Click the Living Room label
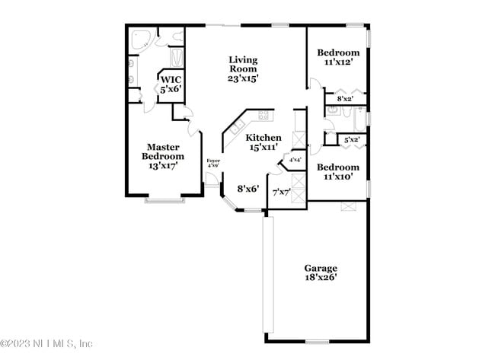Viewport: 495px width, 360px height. (x=244, y=68)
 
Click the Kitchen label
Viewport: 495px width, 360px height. (x=263, y=142)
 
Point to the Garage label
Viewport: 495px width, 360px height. (x=321, y=273)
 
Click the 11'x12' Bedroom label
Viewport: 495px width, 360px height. (x=337, y=58)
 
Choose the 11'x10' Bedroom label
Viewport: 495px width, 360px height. (x=337, y=172)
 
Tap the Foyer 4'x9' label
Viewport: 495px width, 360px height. (x=213, y=163)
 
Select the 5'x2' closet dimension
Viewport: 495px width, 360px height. (x=351, y=140)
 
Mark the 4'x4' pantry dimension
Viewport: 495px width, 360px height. (x=293, y=161)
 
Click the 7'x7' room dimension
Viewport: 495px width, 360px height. (x=281, y=192)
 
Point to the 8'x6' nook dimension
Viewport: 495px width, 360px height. (x=248, y=188)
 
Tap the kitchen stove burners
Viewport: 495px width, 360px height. (x=263, y=116)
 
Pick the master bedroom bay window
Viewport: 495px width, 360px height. (x=164, y=200)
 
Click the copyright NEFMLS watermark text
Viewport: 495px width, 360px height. (x=47, y=343)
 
